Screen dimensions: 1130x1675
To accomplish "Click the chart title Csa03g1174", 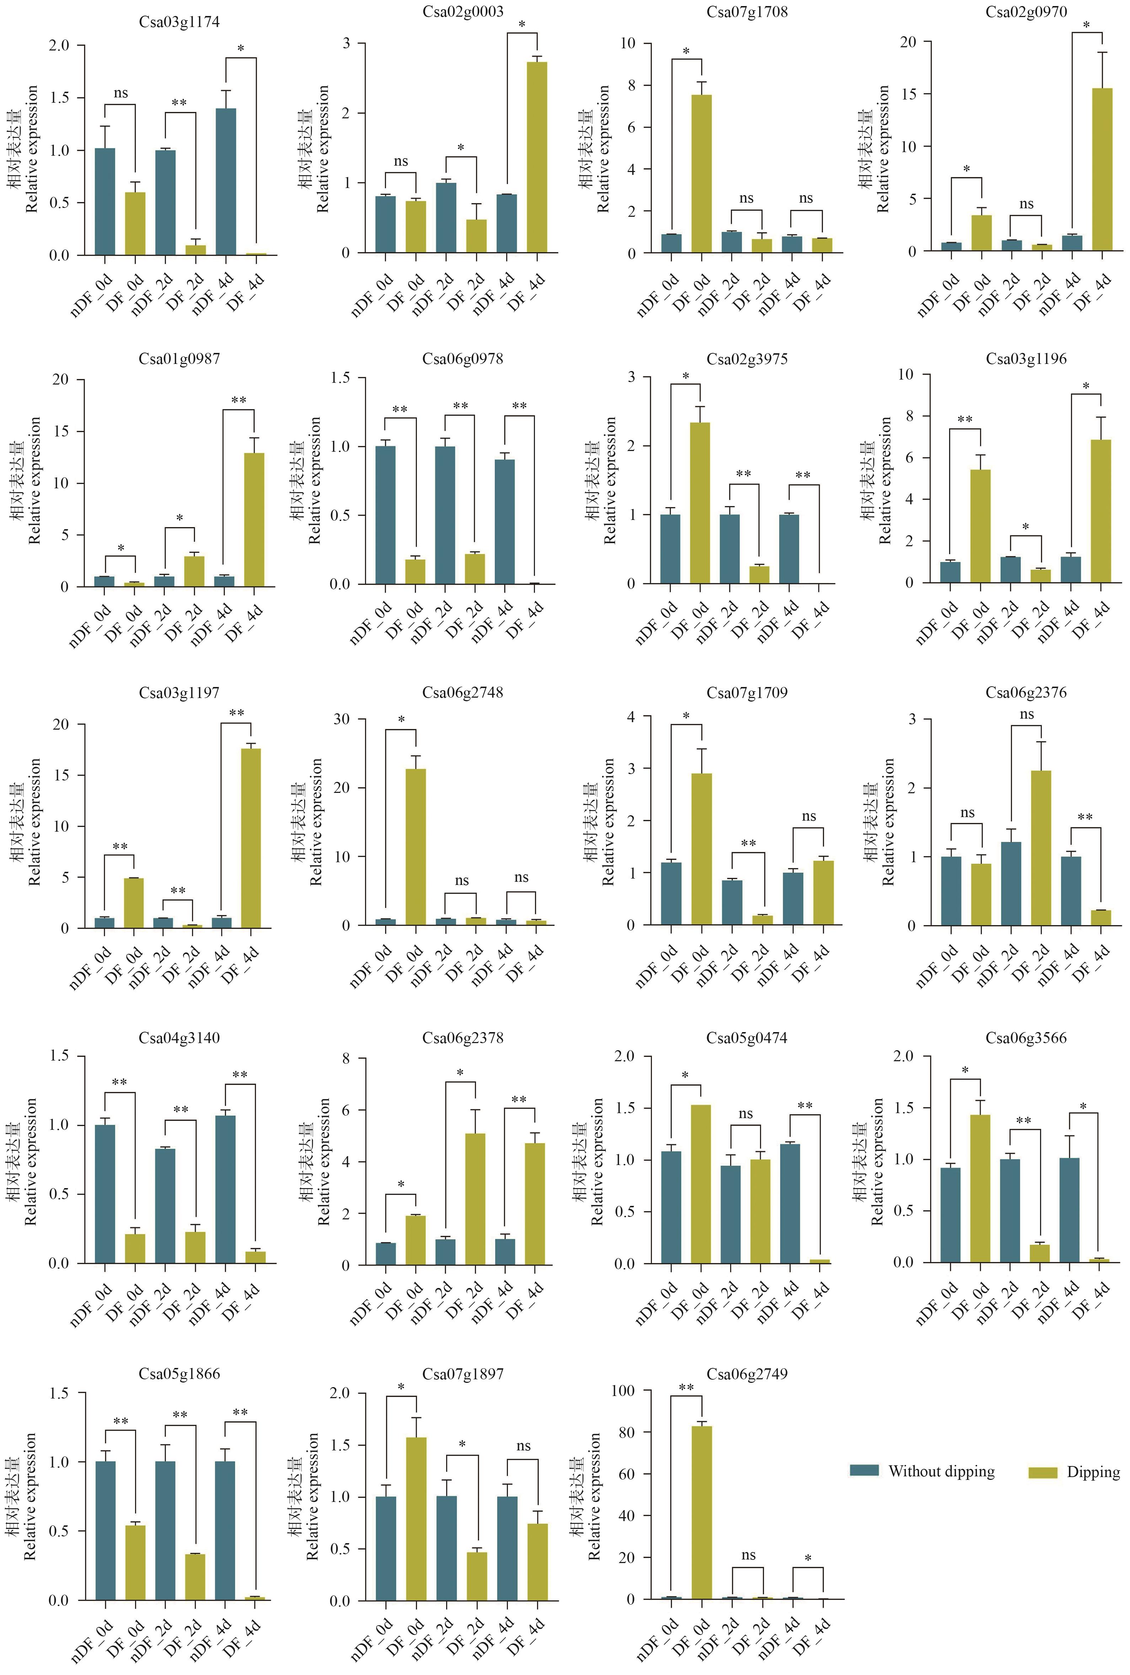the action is pyautogui.click(x=180, y=22).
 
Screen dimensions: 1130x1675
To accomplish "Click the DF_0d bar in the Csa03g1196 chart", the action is pyautogui.click(x=980, y=526).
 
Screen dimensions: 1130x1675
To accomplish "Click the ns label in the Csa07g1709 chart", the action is pyautogui.click(x=809, y=816).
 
